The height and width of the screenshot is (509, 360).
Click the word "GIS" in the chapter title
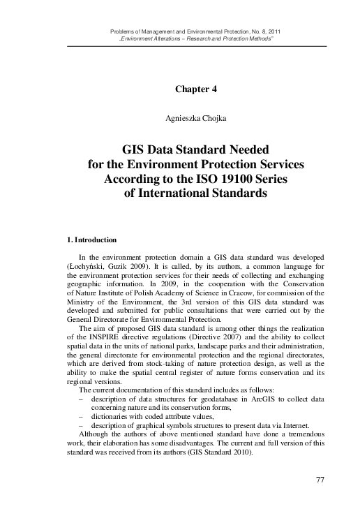pyautogui.click(x=137, y=150)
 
